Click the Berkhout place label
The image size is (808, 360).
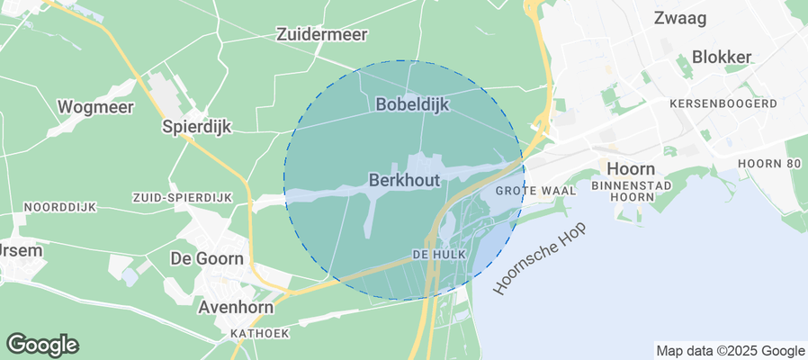[404, 180]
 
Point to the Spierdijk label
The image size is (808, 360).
[196, 127]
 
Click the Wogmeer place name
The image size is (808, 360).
[95, 107]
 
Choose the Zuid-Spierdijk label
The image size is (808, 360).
[182, 197]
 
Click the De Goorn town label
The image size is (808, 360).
[207, 258]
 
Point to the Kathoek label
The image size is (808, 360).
[260, 333]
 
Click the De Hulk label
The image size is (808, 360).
[438, 255]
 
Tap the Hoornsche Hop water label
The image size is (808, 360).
[540, 258]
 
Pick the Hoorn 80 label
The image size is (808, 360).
[768, 163]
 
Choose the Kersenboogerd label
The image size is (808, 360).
[723, 103]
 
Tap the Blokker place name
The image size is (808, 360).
[722, 57]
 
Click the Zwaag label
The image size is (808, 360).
[679, 17]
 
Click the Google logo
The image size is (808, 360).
[42, 345]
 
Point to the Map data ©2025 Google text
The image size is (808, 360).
[730, 351]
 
